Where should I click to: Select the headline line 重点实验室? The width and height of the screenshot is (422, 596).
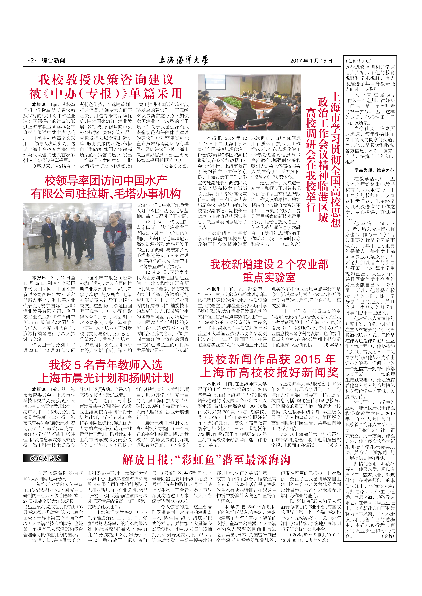point(269,277)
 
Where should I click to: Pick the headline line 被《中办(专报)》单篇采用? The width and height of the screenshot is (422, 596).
point(106,93)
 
